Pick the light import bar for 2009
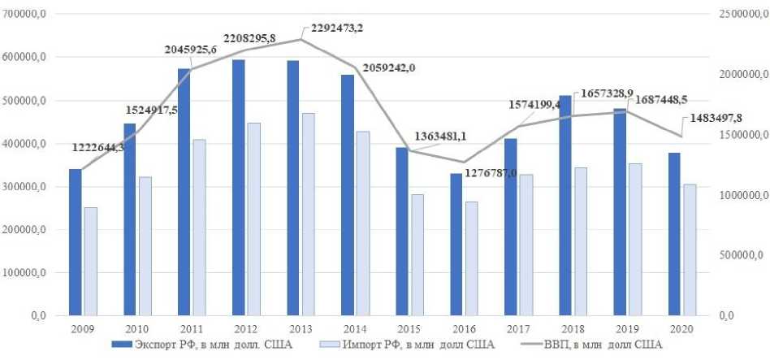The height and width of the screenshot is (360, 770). pos(91,261)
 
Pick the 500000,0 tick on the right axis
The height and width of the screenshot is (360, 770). pos(739,255)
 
